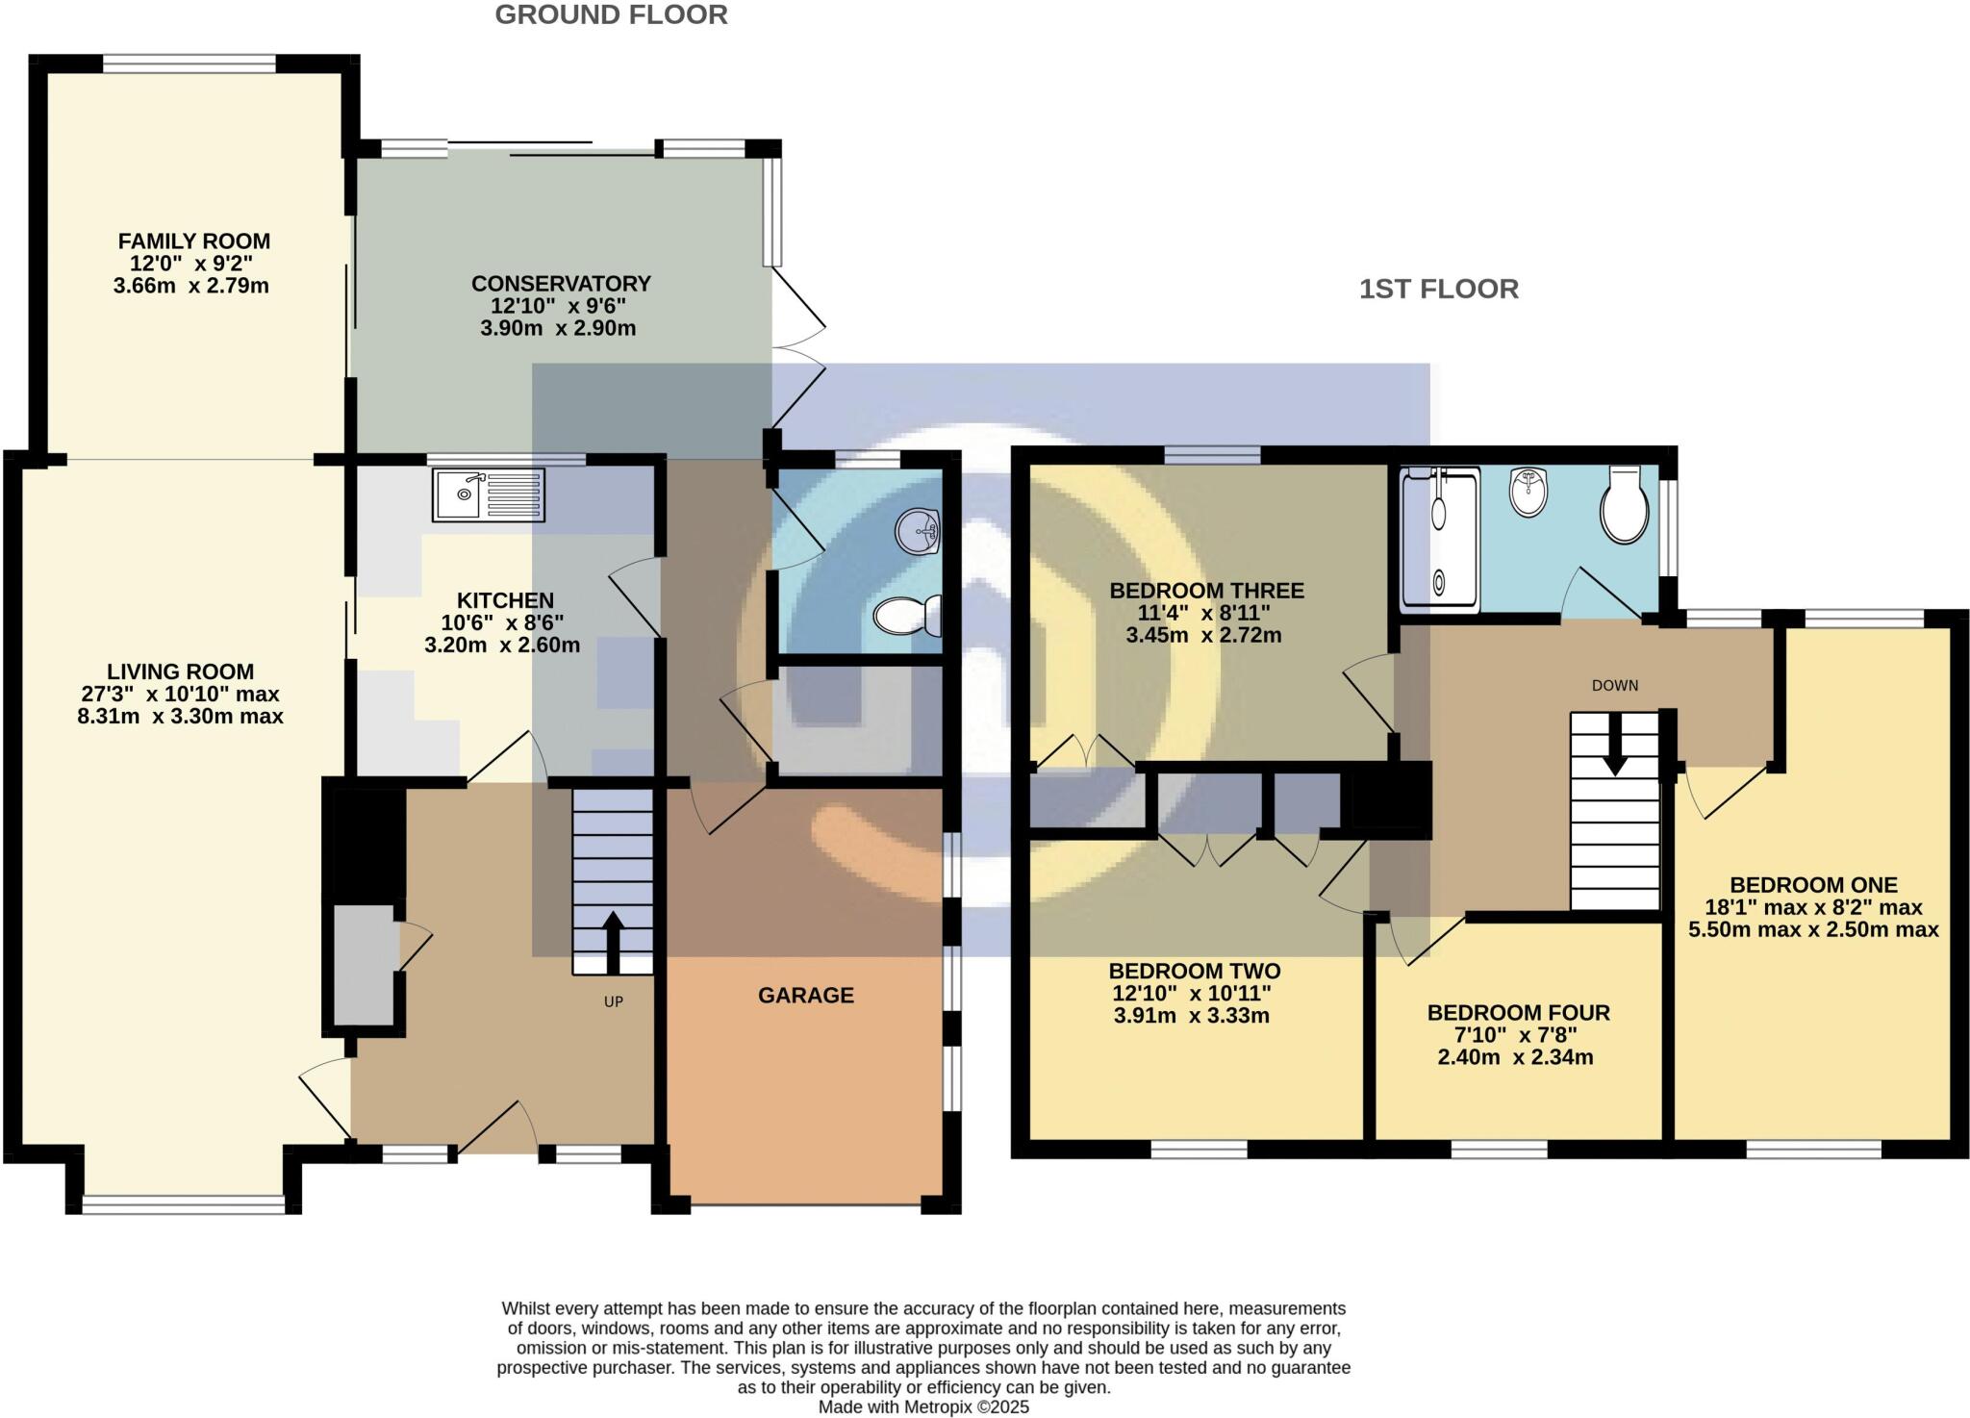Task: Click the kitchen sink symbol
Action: (x=488, y=495)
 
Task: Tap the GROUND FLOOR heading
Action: (x=611, y=15)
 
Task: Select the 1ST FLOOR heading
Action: (x=1438, y=289)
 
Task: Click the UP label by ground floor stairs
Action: (x=614, y=1001)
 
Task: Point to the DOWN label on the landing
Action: (x=1614, y=686)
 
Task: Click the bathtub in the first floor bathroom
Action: (x=1439, y=540)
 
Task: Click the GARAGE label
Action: (x=805, y=996)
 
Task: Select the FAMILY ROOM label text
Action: (x=193, y=241)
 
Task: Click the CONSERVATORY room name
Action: (x=561, y=284)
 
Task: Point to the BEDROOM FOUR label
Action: (x=1518, y=1013)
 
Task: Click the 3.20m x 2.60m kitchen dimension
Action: (x=502, y=646)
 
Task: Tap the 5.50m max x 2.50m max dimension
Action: (x=1812, y=930)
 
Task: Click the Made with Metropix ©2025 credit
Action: (x=922, y=1407)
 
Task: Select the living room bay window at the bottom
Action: (x=183, y=1201)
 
